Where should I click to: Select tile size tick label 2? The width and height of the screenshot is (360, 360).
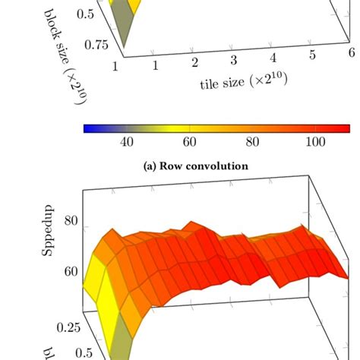(194, 62)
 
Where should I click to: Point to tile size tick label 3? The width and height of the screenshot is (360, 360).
(234, 59)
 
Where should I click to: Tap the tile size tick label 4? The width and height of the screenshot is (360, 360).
(273, 56)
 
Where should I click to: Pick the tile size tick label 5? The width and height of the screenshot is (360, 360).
(312, 53)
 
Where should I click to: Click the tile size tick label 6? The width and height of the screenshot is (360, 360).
(350, 49)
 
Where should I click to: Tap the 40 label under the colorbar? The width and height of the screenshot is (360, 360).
(127, 142)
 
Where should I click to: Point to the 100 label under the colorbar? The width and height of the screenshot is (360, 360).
(314, 142)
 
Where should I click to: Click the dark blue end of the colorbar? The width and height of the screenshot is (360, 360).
(87, 128)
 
